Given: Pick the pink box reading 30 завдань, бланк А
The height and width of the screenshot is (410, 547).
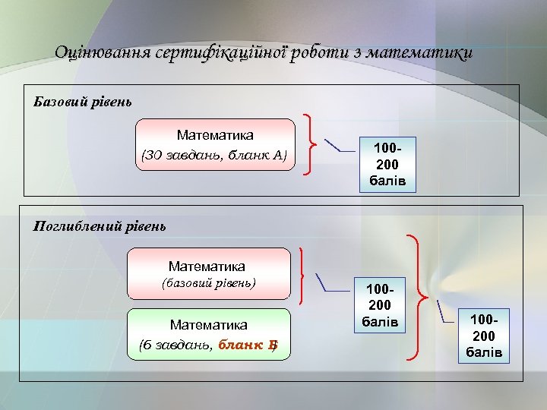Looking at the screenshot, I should (215, 145).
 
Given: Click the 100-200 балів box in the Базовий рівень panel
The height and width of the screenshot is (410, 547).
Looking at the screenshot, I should (387, 163).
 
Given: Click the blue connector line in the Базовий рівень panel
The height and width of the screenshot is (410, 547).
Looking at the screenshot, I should (339, 146).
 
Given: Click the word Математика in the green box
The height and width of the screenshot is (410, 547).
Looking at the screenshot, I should (209, 325).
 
